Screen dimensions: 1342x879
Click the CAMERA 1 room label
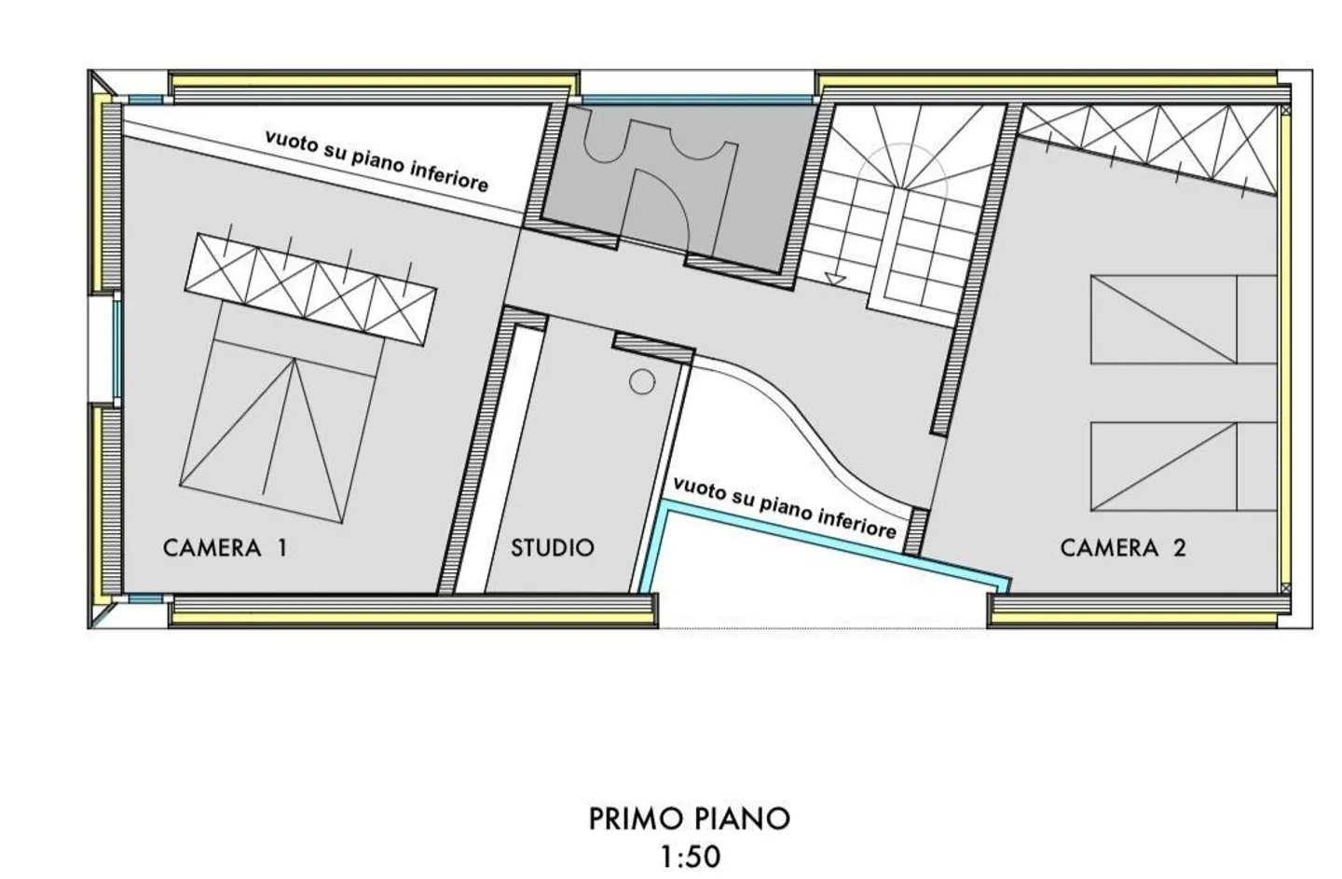(x=225, y=548)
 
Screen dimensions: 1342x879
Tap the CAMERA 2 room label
(x=1123, y=548)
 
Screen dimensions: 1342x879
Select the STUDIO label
(x=553, y=548)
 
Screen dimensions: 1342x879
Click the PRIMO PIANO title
(x=690, y=819)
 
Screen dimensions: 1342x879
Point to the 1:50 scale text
(x=691, y=857)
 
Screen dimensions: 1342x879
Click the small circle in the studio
(x=641, y=381)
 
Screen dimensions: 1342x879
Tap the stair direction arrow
(x=835, y=279)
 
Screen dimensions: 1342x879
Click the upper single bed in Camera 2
(x=1184, y=320)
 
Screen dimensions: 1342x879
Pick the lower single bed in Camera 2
(x=1184, y=467)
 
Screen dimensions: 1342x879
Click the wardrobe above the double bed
(x=310, y=289)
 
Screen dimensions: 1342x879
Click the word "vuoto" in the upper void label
(x=291, y=142)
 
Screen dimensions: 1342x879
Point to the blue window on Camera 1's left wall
(x=116, y=350)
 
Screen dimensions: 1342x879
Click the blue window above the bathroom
(x=697, y=99)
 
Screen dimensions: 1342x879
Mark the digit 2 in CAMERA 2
(x=1179, y=548)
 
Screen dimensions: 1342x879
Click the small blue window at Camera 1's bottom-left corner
(x=146, y=598)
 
